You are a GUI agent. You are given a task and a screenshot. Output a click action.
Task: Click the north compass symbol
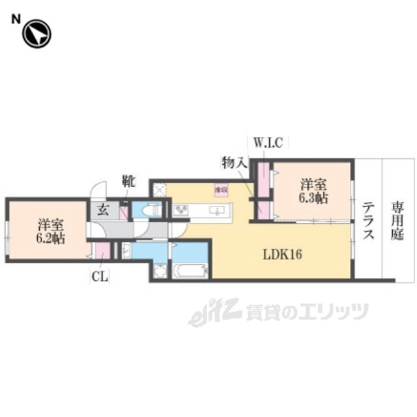[36, 34]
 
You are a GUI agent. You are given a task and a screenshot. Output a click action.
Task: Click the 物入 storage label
[233, 162]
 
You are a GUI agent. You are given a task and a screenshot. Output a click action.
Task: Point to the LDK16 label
[282, 254]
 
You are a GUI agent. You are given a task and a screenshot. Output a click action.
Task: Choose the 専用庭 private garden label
[397, 221]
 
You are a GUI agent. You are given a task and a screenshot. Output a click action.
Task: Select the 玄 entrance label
[103, 210]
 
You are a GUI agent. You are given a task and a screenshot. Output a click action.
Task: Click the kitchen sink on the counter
[218, 210]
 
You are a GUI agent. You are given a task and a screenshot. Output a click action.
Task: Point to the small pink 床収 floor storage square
[222, 190]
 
